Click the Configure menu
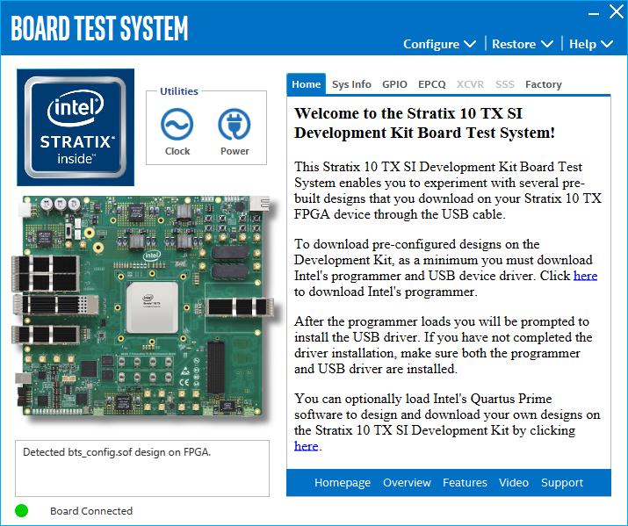coord(439,44)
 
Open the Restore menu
coord(522,44)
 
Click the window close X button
coord(616,12)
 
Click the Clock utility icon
coord(177,126)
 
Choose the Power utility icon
coord(235,126)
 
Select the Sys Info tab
coord(351,84)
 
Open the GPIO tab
coord(394,84)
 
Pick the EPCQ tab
coord(432,84)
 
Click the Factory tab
coord(543,84)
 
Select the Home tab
coord(307,84)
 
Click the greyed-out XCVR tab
coord(470,84)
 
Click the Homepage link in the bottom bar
coord(343,483)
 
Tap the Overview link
coord(407,483)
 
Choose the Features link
coord(465,483)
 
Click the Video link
coord(514,483)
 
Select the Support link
coord(562,483)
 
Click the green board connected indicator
coord(22,510)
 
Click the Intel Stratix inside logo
coord(76,127)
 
